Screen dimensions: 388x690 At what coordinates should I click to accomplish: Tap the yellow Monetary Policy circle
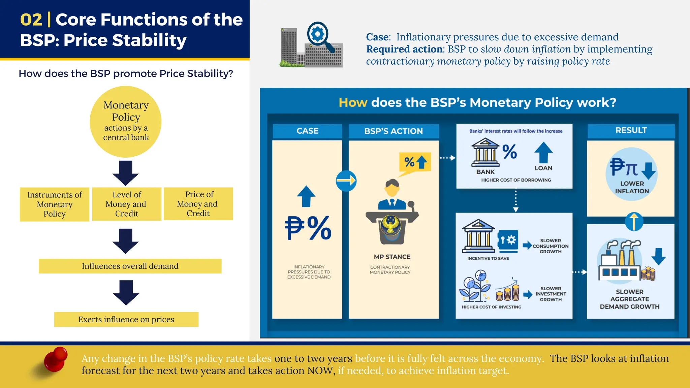126,122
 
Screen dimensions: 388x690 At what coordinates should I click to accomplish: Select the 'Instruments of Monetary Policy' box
55,204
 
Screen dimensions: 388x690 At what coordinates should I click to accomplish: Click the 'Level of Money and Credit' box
127,204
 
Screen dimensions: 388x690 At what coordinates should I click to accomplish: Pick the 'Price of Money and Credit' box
198,204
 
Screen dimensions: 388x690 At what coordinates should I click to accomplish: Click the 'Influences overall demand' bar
130,266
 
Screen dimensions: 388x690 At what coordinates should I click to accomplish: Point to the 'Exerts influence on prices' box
126,319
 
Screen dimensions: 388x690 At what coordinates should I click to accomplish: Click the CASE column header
307,131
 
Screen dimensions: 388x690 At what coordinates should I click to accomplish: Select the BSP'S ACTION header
394,131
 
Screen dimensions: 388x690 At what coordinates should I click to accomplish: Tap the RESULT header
631,131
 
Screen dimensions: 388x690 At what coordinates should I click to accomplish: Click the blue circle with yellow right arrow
346,181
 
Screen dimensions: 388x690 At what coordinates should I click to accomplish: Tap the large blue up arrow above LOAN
543,152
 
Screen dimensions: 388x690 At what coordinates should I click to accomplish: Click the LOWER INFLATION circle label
632,187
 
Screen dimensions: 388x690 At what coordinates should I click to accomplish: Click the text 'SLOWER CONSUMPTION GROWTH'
551,246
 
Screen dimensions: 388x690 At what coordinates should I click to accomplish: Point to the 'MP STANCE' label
392,257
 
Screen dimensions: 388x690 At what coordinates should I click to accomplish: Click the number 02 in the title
31,20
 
